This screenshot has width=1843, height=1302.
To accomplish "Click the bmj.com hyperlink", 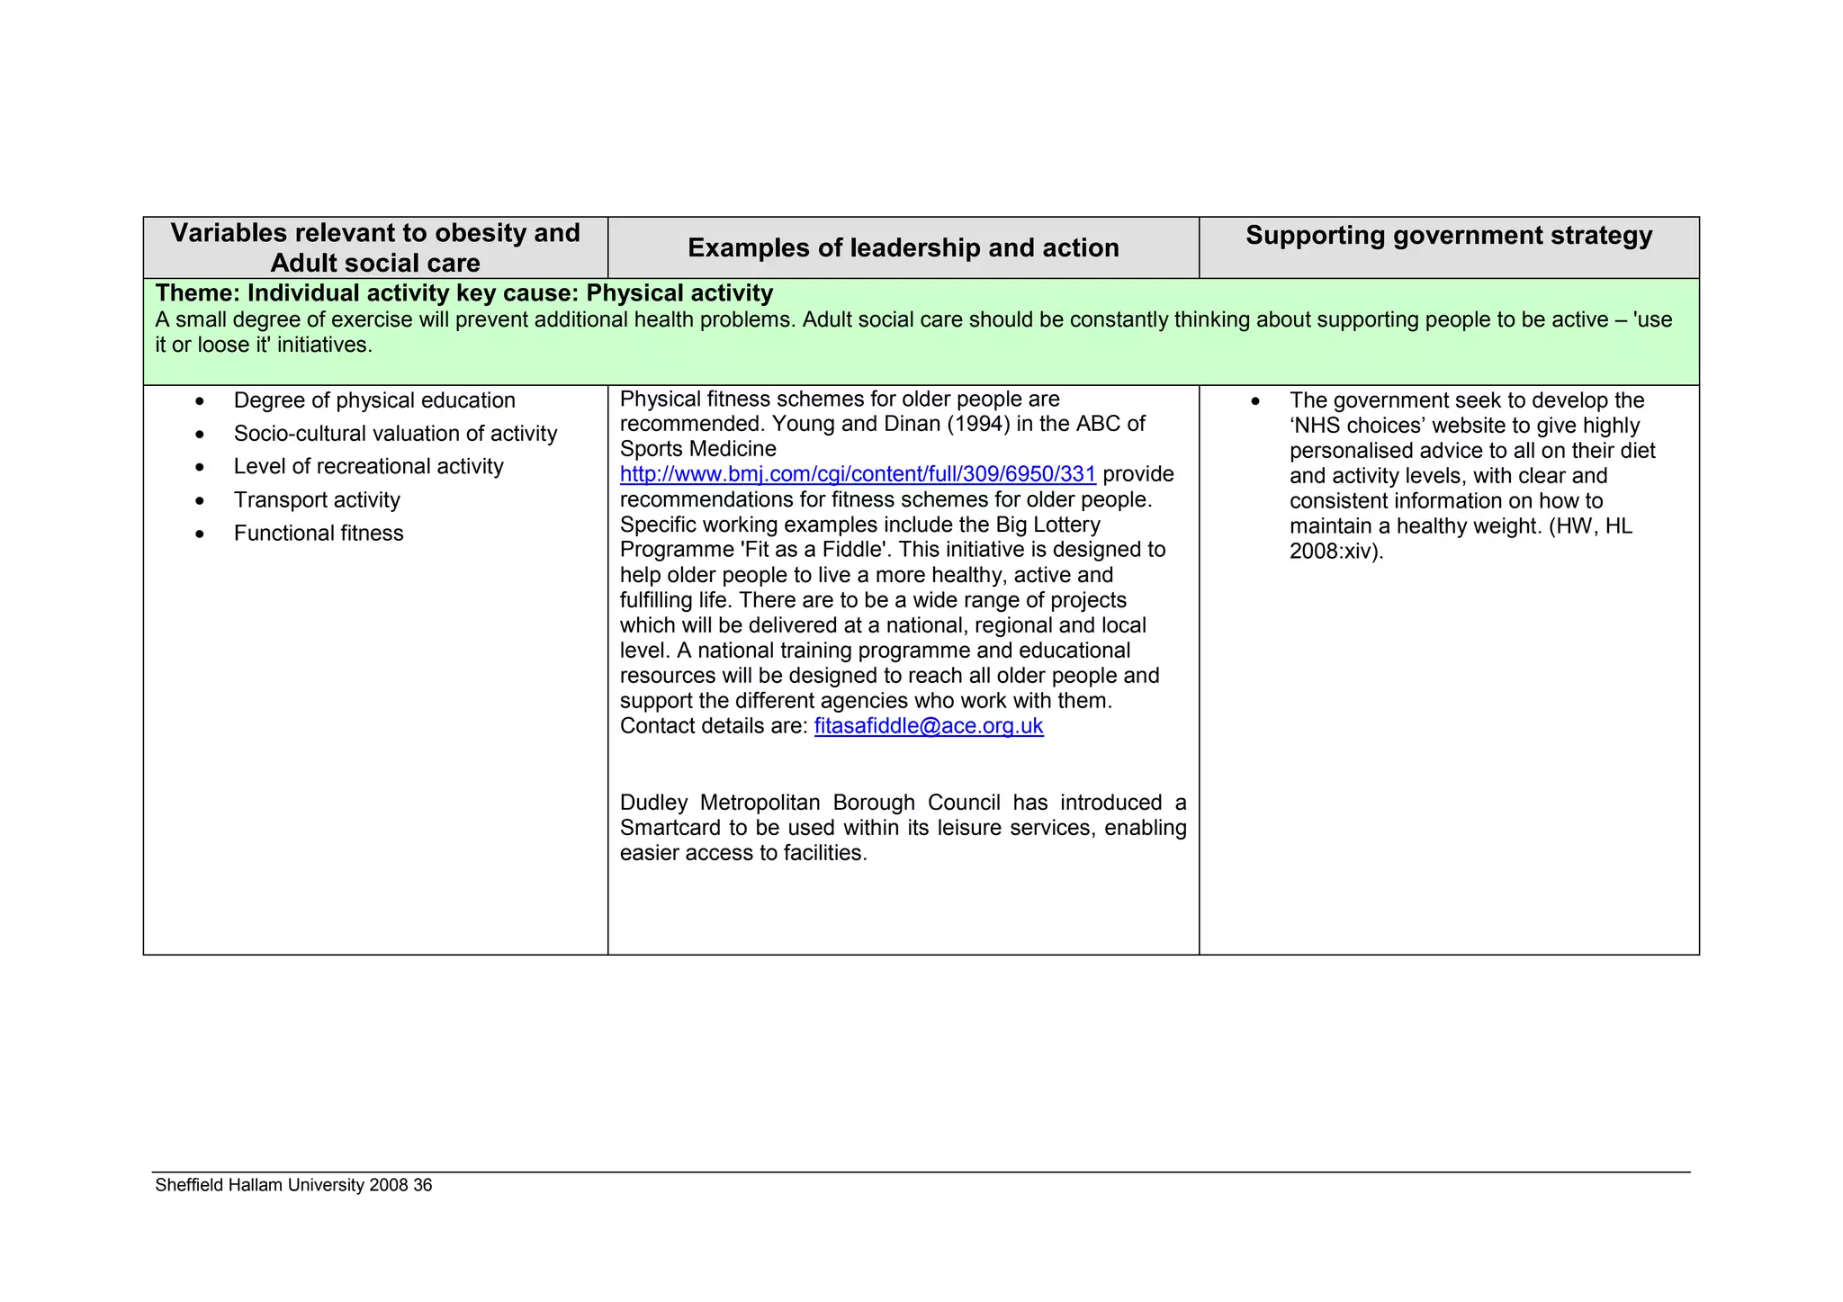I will coord(857,474).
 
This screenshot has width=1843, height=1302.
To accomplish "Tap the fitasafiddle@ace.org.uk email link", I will coord(928,726).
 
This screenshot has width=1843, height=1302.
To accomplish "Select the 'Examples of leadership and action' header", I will coord(903,247).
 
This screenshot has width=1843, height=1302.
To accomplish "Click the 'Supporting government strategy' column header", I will coord(1448,236).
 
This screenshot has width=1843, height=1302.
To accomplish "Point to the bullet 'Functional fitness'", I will coord(318,534).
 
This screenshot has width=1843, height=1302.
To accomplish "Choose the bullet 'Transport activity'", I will coord(316,500).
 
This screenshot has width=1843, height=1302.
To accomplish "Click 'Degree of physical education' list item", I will coord(373,400).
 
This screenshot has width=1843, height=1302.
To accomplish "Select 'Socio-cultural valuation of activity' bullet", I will coord(394,434).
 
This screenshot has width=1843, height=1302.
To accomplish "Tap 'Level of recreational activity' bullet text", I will coord(367,467).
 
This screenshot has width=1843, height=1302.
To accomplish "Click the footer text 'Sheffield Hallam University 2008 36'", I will coord(293,1185).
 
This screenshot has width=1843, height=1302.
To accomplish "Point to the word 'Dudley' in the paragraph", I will coord(653,803).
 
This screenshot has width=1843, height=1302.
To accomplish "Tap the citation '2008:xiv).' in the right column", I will coord(1335,552).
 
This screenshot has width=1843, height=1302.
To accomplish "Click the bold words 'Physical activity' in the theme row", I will coord(679,293).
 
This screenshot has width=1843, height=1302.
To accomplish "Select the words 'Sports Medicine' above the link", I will coord(697,449).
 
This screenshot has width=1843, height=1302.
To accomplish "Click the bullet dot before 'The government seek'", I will coord(1255,401).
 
